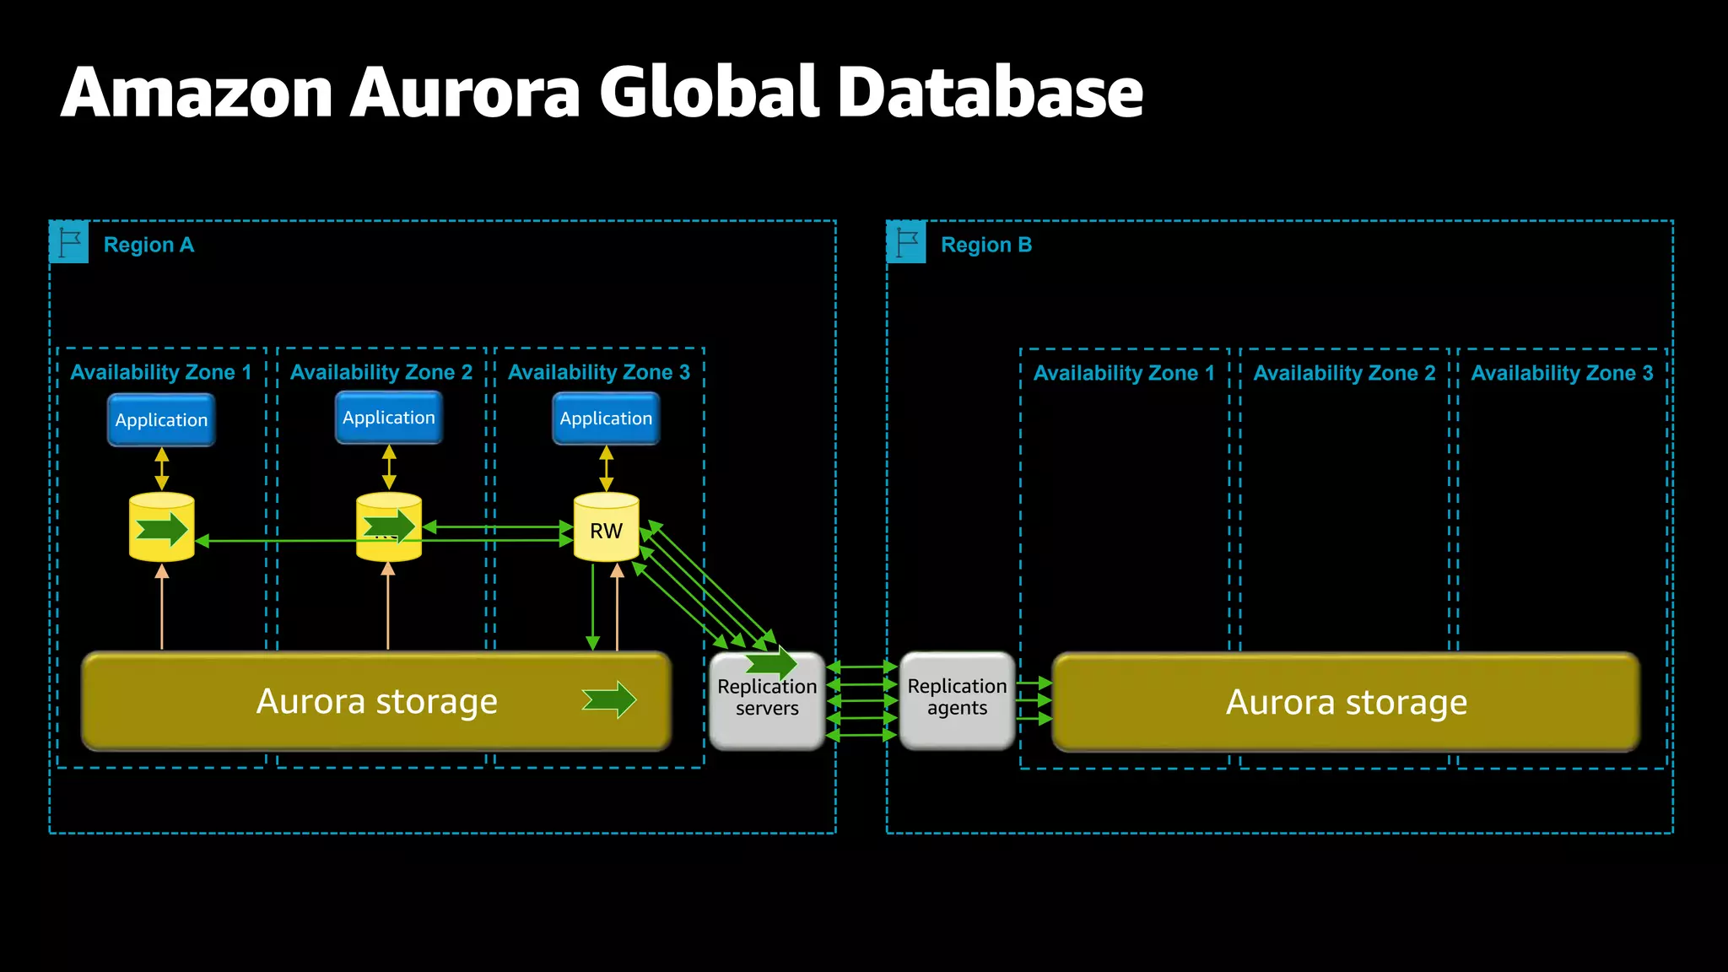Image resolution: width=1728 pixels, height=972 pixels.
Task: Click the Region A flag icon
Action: [x=69, y=242]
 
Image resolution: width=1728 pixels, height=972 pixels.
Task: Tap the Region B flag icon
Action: [x=906, y=242]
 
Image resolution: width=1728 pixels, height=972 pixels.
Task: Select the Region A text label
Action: [x=148, y=246]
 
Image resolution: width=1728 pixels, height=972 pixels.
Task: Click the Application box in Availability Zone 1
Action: [x=161, y=420]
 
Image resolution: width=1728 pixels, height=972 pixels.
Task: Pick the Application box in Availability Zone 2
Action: [x=389, y=418]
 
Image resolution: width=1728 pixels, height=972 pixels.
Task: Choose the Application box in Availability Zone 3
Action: [x=606, y=418]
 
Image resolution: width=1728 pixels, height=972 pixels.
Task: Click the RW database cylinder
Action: [x=606, y=528]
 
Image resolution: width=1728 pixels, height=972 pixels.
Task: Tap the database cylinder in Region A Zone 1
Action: [x=161, y=528]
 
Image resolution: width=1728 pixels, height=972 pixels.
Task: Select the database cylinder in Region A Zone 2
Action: [x=389, y=528]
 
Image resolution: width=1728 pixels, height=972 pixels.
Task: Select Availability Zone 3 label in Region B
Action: [x=1562, y=373]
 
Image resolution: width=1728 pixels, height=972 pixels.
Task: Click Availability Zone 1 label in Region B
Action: [x=1124, y=373]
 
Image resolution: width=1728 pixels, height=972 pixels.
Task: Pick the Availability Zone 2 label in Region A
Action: [x=381, y=372]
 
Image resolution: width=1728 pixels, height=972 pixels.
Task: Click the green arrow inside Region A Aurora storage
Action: [x=609, y=699]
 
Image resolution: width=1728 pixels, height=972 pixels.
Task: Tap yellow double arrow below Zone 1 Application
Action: [x=162, y=468]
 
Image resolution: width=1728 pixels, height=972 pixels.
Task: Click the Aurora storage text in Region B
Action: [x=1346, y=702]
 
